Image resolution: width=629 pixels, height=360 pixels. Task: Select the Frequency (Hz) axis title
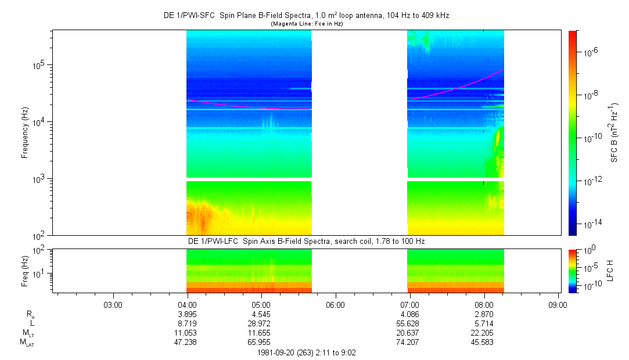coord(25,133)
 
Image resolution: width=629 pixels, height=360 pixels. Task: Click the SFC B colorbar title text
coord(613,133)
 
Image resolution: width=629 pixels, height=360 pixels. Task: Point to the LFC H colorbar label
coord(610,270)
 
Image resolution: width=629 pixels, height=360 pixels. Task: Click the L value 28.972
coord(261,322)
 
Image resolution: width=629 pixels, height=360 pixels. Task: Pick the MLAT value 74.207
coord(410,342)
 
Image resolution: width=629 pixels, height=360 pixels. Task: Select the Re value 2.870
coord(484,313)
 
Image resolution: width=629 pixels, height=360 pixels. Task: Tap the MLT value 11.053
coord(187,332)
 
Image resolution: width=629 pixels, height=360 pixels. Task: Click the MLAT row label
coord(27,343)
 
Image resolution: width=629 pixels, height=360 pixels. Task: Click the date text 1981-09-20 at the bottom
coord(277,352)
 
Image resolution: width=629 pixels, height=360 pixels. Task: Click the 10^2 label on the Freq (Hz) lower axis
coord(42,250)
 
